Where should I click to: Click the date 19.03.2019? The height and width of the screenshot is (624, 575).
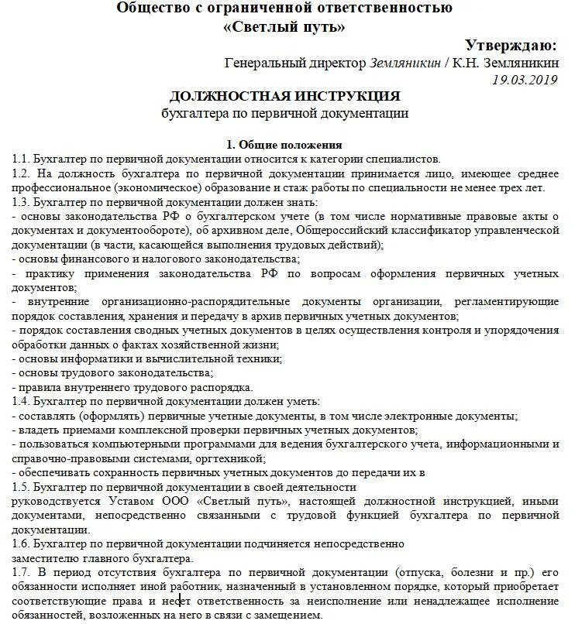[525, 79]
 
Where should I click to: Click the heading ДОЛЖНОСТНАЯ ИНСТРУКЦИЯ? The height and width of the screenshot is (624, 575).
[284, 96]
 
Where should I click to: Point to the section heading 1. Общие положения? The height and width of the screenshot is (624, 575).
[284, 144]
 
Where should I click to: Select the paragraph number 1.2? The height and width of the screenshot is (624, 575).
[20, 173]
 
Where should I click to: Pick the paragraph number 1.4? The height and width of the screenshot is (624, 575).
[20, 400]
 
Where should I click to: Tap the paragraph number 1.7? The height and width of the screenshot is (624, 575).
[20, 573]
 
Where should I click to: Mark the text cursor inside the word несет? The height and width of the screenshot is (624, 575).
[181, 602]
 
